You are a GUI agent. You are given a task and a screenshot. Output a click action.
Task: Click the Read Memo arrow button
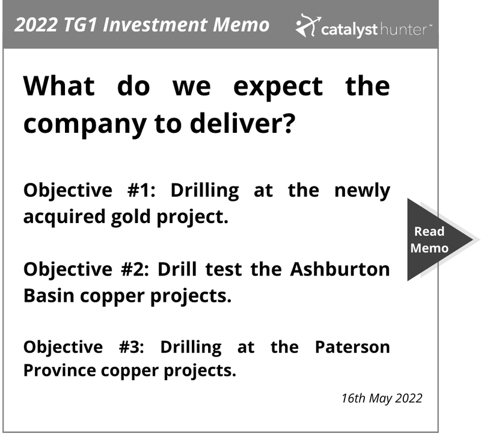435,239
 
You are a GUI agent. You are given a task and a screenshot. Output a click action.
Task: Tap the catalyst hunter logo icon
308,25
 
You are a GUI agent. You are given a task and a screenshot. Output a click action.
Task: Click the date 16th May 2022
382,398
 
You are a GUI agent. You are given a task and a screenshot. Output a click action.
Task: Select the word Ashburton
340,269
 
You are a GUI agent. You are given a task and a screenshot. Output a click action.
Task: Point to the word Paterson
352,347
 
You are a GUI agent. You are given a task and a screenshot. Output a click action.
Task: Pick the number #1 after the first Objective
141,190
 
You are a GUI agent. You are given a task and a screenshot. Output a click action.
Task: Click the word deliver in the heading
242,123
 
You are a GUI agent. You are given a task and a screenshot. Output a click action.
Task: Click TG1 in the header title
81,25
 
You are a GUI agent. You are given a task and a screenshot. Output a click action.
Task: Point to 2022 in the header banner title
36,25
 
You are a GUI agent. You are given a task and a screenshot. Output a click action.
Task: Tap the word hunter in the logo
403,29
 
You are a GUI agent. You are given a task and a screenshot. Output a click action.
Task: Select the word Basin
49,296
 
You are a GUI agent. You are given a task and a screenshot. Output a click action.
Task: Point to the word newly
363,191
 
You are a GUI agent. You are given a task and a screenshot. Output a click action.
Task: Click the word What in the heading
59,86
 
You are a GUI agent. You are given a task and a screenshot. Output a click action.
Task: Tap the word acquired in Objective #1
64,217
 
